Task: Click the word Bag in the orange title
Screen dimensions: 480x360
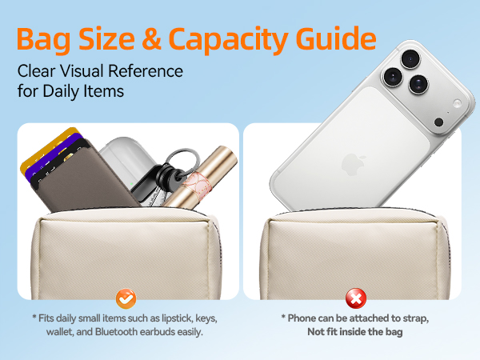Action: [43, 40]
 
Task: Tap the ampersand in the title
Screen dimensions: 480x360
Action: [151, 39]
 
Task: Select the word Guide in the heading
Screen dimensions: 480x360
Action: [336, 38]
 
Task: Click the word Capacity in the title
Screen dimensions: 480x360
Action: [228, 41]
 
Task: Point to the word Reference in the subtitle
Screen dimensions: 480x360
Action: [146, 71]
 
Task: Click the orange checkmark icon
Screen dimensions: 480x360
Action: [126, 298]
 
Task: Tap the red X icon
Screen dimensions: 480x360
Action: [356, 298]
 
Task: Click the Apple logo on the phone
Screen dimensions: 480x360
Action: [354, 164]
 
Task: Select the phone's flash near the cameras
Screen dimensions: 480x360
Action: [458, 103]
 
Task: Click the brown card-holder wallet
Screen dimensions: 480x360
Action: [86, 178]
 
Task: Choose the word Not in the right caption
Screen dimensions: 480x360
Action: [315, 332]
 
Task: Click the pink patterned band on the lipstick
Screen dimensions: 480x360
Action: [195, 186]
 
